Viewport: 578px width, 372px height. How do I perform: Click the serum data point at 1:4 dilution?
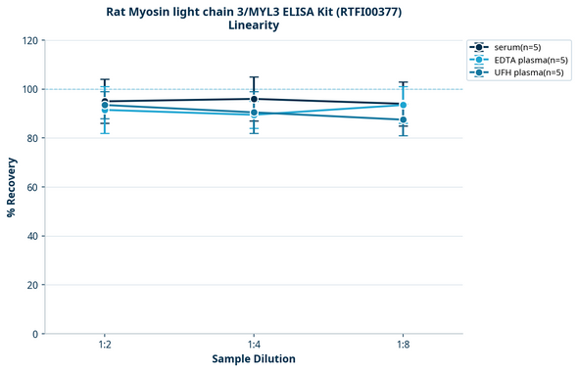click(x=254, y=99)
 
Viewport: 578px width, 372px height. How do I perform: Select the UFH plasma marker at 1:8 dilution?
click(x=403, y=120)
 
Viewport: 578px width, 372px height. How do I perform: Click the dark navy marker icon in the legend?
click(x=478, y=47)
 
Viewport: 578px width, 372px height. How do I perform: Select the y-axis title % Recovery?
click(x=12, y=187)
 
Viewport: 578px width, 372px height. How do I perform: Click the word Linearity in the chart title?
click(x=253, y=25)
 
